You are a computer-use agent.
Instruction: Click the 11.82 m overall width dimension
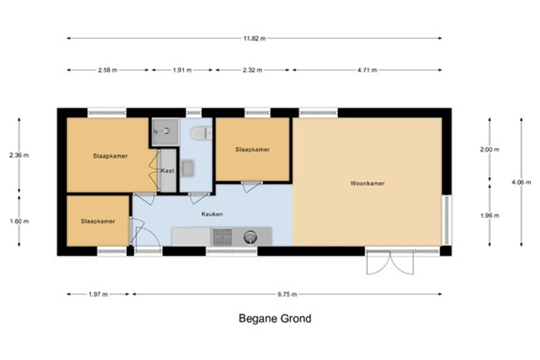point(255,38)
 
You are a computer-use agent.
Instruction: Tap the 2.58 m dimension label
point(108,70)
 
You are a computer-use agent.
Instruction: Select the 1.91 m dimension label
point(182,70)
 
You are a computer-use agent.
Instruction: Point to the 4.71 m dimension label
point(367,70)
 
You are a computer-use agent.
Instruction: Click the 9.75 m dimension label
point(287,294)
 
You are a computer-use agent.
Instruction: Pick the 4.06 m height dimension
point(521,182)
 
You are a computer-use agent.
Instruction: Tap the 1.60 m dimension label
point(19,221)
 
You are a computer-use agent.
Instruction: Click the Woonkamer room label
point(367,183)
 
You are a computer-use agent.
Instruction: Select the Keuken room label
point(212,214)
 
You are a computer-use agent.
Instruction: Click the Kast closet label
point(167,171)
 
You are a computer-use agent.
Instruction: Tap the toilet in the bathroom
point(201,133)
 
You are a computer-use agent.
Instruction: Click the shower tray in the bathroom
point(166,132)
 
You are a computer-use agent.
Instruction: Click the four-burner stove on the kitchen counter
point(222,237)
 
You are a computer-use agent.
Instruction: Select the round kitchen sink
point(250,237)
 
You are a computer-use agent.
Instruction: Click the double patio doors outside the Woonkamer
point(390,263)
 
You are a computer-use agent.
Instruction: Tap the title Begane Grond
point(275,319)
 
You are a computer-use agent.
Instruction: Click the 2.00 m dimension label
point(490,149)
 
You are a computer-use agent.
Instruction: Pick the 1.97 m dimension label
point(98,294)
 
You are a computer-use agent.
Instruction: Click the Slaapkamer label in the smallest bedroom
point(98,221)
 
